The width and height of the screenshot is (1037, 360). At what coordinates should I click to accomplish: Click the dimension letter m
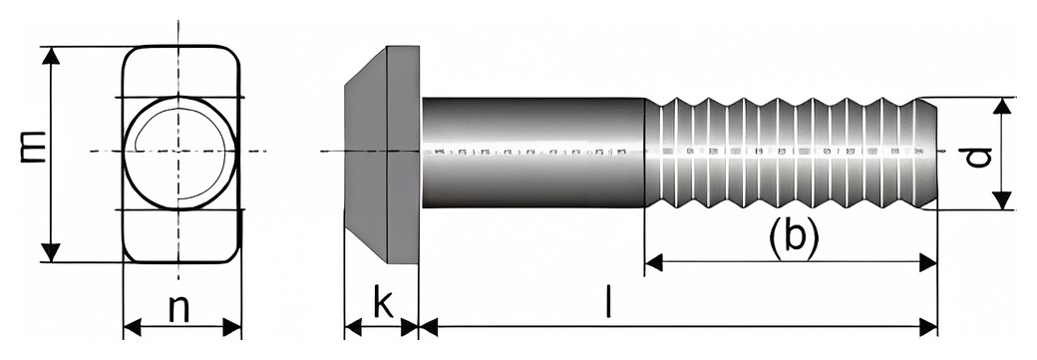click(x=32, y=147)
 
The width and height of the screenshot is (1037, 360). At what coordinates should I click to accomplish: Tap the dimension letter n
click(x=179, y=308)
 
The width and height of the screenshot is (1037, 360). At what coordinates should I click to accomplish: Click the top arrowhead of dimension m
click(x=51, y=56)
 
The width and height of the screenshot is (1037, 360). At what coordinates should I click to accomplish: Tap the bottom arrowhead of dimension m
click(x=51, y=252)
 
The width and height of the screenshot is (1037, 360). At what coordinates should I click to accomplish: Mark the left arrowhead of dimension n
click(x=133, y=327)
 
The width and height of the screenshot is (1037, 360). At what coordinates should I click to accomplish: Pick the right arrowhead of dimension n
click(x=232, y=327)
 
